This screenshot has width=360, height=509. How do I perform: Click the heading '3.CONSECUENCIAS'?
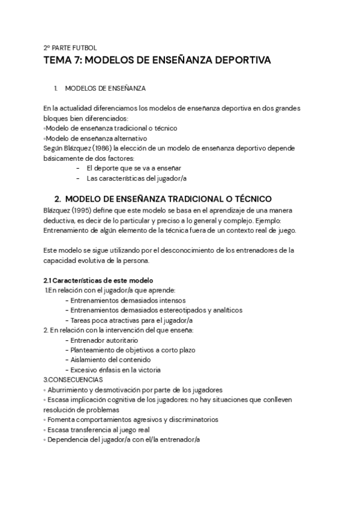[x=73, y=379]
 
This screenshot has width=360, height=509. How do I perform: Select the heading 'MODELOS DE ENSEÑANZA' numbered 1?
[x=105, y=89]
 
